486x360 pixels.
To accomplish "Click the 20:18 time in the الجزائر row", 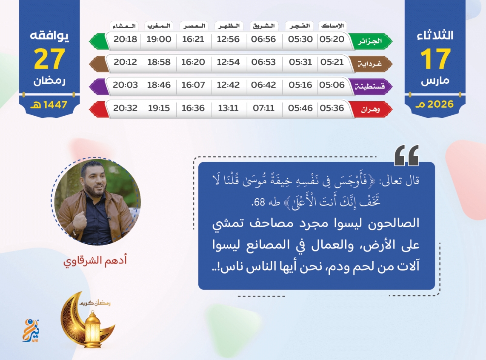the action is click(125, 39).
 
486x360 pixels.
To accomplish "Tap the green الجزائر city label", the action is click(370, 41).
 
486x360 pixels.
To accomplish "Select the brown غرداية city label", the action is click(370, 64).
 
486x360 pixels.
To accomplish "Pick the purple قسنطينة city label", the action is click(370, 86).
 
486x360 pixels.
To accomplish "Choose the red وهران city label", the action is click(370, 109).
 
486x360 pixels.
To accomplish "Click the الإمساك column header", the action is click(332, 26).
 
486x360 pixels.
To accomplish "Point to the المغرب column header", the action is click(159, 26).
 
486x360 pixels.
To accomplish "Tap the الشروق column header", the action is click(264, 26).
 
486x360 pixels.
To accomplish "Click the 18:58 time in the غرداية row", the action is click(159, 62).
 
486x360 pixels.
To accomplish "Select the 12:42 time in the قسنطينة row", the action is click(228, 85).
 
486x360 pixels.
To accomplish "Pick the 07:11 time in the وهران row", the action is click(263, 108).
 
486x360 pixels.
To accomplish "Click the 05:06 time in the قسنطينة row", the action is click(332, 85).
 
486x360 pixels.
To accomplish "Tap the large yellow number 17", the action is click(435, 59).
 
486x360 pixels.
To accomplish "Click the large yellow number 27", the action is click(49, 59).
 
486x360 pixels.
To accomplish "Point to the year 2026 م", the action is click(435, 104).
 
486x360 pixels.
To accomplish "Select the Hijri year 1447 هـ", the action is click(49, 105).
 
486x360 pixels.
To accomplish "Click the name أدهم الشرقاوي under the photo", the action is click(95, 260).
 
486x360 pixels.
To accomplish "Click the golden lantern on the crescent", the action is click(93, 329).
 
